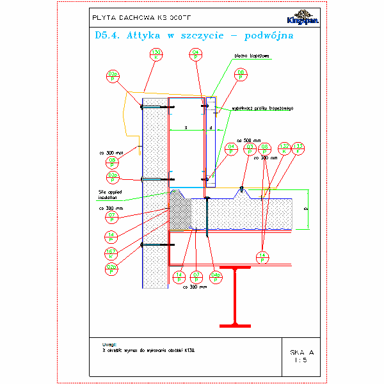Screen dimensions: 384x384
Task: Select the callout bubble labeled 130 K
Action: coord(156,54)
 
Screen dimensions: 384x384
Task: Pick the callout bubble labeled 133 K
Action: coord(298,148)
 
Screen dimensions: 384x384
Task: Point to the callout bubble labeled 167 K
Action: coord(111,253)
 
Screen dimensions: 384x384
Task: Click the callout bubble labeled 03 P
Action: coord(250,148)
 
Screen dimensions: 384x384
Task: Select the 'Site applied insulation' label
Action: coord(111,195)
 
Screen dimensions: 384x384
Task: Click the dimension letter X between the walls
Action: coord(186,128)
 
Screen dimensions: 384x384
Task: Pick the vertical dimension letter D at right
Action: coord(305,209)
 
